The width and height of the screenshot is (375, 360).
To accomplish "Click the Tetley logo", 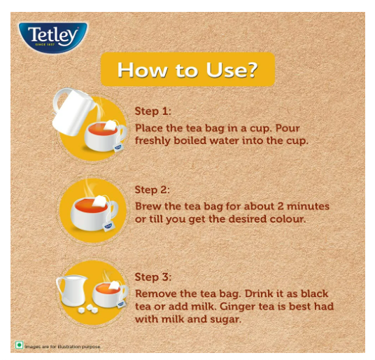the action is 53,37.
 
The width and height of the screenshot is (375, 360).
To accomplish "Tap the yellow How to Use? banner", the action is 187,69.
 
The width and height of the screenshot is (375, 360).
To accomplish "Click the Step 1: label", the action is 153,111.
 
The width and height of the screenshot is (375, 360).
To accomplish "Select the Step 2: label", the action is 152,190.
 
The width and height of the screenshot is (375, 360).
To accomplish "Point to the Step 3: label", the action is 153,277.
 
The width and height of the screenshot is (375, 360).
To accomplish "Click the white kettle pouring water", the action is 72,111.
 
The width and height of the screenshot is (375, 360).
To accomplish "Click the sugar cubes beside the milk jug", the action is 88,309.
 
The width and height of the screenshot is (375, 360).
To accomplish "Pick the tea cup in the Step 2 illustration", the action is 94,214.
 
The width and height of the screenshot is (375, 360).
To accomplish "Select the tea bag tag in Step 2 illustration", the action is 108,227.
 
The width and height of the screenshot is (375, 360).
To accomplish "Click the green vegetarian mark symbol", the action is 19,345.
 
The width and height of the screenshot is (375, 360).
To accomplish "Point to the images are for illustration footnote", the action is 63,347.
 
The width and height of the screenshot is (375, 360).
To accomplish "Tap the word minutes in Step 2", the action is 308,207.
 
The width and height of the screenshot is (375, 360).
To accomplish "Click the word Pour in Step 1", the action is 288,128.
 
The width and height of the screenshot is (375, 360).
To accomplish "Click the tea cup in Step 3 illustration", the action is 110,295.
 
